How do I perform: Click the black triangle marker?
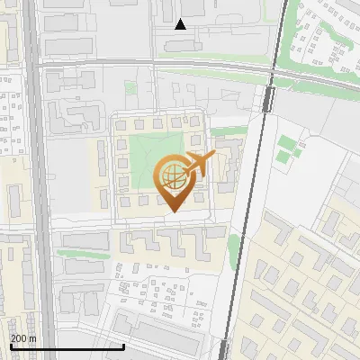point(181,24)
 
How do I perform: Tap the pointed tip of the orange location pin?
point(173,211)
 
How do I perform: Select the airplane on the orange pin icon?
point(198,164)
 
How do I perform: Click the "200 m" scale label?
point(23,338)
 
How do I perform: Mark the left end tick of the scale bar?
point(10,345)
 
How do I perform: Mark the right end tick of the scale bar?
point(123,345)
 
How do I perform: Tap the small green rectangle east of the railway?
point(286,143)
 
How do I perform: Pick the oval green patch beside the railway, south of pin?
point(236,246)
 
